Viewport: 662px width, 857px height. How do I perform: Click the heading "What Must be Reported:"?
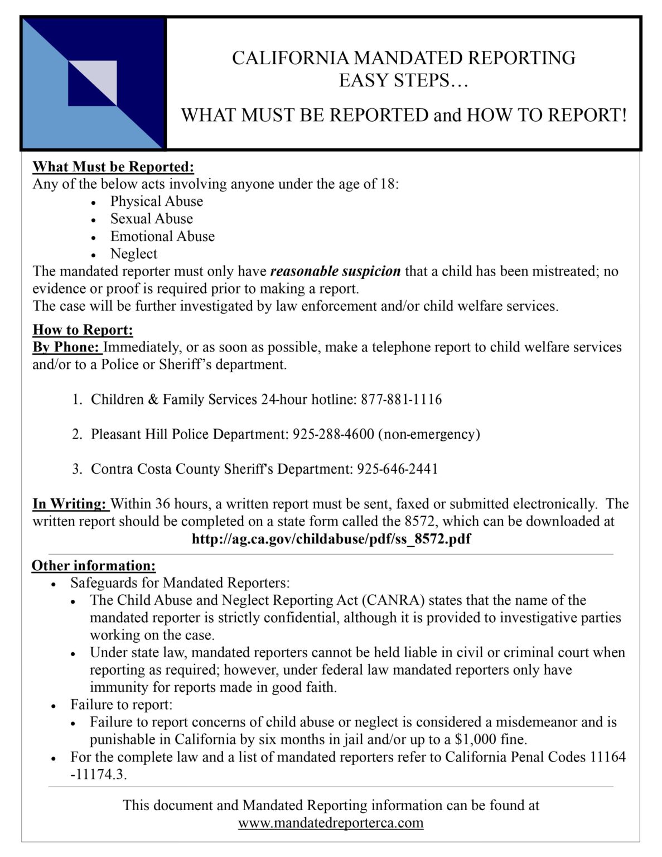[113, 167]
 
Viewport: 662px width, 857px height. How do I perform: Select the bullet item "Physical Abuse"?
[156, 201]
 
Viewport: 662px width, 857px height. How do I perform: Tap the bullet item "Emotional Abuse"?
[162, 237]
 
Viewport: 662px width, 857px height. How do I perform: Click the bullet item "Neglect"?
[134, 254]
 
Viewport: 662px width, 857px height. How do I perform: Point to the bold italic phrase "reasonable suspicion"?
[335, 272]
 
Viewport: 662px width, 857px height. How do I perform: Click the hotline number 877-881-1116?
[401, 399]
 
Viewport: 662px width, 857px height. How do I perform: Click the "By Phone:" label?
[67, 348]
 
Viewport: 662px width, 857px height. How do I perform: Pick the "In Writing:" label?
[70, 504]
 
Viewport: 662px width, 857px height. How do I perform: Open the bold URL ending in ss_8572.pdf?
[331, 540]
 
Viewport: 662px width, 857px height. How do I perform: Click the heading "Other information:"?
[94, 566]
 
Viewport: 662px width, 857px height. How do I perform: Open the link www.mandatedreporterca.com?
[331, 823]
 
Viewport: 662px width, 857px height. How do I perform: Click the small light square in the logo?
[93, 82]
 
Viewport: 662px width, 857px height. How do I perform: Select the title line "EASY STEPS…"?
[404, 81]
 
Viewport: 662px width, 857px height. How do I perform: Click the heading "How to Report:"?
[83, 330]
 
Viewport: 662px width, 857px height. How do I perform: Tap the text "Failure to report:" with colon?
[121, 705]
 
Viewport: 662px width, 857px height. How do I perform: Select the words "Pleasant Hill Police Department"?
[188, 434]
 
